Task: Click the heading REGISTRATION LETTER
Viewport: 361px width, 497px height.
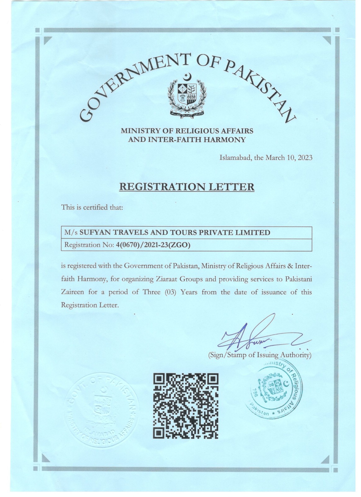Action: [x=187, y=187]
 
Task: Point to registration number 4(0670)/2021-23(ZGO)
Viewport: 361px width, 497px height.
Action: [x=152, y=245]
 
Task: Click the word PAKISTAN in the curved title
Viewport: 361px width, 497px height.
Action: [x=261, y=84]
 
